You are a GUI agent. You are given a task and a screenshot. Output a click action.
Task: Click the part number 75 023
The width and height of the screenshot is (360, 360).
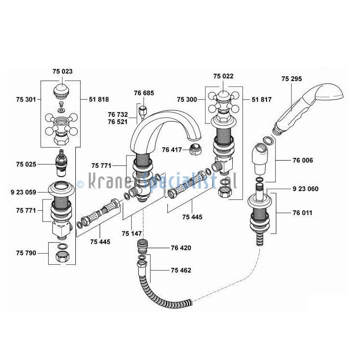tap(62, 71)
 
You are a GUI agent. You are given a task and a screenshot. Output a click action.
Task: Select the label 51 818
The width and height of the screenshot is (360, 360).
tap(99, 99)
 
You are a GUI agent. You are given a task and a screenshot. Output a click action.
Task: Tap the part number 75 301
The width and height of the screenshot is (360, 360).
tap(26, 99)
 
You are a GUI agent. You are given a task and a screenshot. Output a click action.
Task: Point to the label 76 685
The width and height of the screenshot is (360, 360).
tap(144, 93)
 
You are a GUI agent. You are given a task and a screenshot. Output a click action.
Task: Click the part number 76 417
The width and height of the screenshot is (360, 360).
tap(172, 149)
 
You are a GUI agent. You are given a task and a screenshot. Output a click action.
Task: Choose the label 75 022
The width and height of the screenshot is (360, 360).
tap(223, 76)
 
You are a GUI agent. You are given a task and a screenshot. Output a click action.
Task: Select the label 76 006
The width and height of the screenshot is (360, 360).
tap(303, 160)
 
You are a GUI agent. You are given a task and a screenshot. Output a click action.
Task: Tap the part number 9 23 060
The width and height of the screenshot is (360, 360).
tap(306, 189)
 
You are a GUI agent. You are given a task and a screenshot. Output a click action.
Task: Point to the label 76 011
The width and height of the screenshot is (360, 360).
tap(303, 213)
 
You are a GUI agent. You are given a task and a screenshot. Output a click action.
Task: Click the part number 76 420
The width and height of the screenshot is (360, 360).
tap(181, 248)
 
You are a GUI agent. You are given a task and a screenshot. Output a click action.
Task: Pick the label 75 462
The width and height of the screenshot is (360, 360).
tap(181, 270)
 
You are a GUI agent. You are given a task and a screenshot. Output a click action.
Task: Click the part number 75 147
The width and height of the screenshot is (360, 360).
tap(132, 234)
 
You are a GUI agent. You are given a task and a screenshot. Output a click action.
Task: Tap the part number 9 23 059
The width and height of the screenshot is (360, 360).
tap(23, 193)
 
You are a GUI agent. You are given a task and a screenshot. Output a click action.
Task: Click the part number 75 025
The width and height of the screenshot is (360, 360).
tap(26, 164)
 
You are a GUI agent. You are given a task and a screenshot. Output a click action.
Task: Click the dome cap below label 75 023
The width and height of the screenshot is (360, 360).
tap(62, 89)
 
